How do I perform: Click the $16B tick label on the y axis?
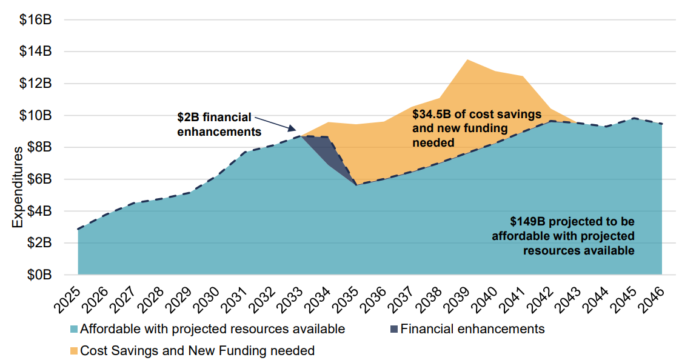pyautogui.click(x=35, y=19)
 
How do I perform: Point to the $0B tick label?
pyautogui.click(x=38, y=275)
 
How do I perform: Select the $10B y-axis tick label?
pyautogui.click(x=35, y=115)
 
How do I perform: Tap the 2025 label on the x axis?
pyautogui.click(x=71, y=297)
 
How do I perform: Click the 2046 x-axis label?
pyautogui.click(x=654, y=297)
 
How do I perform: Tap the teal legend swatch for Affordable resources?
pyautogui.click(x=74, y=330)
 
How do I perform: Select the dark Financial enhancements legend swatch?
pyautogui.click(x=394, y=330)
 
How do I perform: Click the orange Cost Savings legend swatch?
pyautogui.click(x=74, y=350)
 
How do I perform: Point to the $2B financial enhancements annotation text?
pyautogui.click(x=219, y=123)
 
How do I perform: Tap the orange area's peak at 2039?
pyautogui.click(x=466, y=60)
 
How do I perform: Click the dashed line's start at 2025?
pyautogui.click(x=78, y=229)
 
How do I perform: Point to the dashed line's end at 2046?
pyautogui.click(x=661, y=124)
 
